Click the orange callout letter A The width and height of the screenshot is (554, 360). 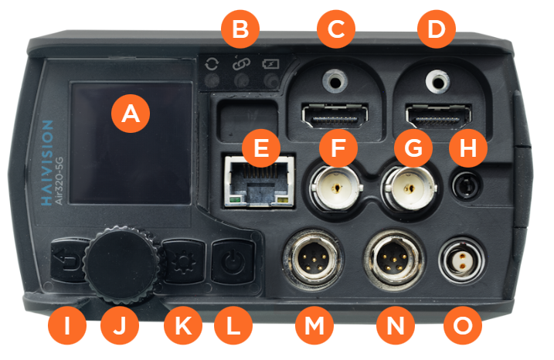pyautogui.click(x=131, y=114)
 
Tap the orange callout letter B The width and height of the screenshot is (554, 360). pyautogui.click(x=240, y=29)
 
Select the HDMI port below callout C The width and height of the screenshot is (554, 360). pyautogui.click(x=335, y=116)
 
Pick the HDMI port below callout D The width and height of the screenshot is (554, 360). pyautogui.click(x=438, y=116)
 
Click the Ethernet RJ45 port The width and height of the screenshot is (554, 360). pyautogui.click(x=260, y=182)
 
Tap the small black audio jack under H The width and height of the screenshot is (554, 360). pyautogui.click(x=467, y=185)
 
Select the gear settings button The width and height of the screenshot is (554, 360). pyautogui.click(x=183, y=262)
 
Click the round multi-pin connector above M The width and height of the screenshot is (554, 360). pyautogui.click(x=312, y=260)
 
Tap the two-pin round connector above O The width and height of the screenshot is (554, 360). pyautogui.click(x=461, y=260)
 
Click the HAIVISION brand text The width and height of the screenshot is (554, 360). pyautogui.click(x=47, y=163)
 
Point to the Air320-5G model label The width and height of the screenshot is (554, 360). pyautogui.click(x=59, y=181)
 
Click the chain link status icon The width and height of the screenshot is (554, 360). pyautogui.click(x=241, y=63)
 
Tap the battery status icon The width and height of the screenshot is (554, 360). pyautogui.click(x=270, y=64)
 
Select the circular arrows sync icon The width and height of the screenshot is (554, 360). pyautogui.click(x=212, y=64)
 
